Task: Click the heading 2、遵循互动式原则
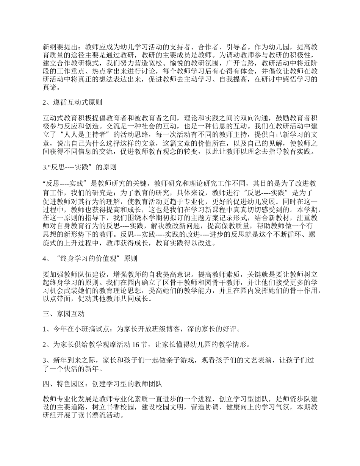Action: pyautogui.click(x=72, y=102)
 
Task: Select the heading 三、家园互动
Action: pyautogui.click(x=63, y=314)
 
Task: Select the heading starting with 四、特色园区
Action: pyautogui.click(x=103, y=384)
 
